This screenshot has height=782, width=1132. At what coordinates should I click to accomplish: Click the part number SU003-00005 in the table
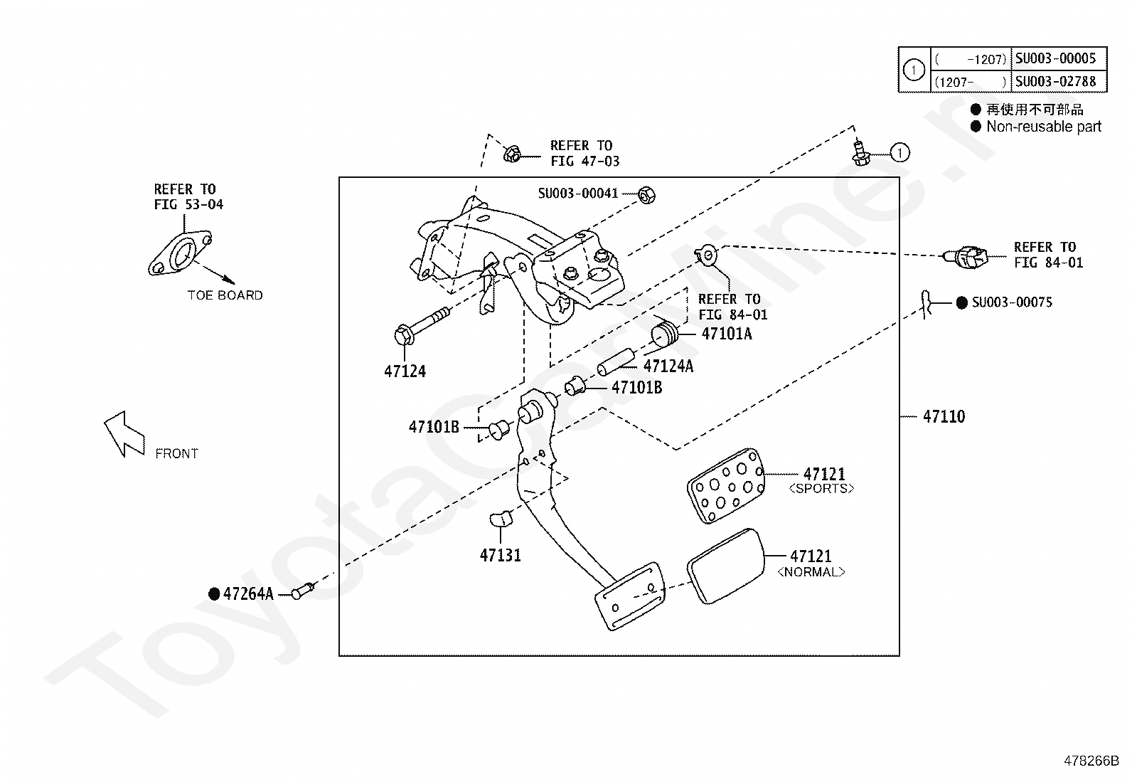[x=1055, y=58]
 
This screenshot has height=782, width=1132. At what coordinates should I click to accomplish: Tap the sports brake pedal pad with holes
[x=726, y=485]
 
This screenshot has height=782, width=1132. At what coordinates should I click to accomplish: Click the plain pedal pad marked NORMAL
[x=726, y=566]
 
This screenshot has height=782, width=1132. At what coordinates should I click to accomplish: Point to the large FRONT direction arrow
[x=124, y=434]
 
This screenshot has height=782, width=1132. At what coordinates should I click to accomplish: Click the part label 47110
[x=944, y=417]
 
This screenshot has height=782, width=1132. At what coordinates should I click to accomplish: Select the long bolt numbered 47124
[x=422, y=327]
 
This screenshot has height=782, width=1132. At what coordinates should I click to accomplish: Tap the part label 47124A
[x=668, y=366]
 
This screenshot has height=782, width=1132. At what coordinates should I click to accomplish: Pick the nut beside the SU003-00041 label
[x=647, y=195]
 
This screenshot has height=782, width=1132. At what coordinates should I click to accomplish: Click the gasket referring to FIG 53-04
[x=180, y=253]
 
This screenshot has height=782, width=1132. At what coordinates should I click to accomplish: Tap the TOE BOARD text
[x=225, y=295]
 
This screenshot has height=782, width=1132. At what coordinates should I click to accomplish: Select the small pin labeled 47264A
[x=303, y=591]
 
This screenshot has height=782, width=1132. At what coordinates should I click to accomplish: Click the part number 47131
[x=501, y=556]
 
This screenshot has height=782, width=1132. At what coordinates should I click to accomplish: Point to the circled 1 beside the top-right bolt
[x=899, y=153]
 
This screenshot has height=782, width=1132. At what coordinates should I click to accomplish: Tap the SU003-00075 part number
[x=1012, y=302]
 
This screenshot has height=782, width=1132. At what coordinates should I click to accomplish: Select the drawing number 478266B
[x=1091, y=761]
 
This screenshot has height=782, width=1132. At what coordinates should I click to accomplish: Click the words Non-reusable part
[x=1044, y=127]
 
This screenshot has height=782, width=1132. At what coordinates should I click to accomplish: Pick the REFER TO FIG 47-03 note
[x=584, y=153]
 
